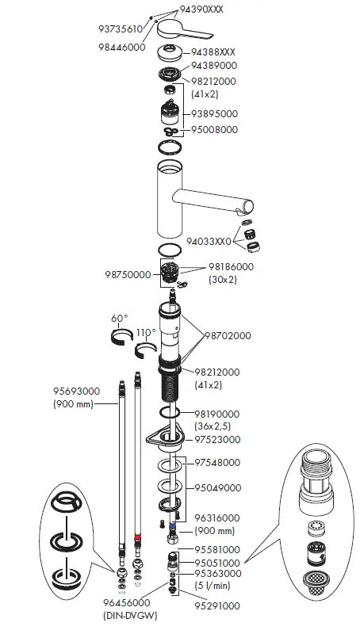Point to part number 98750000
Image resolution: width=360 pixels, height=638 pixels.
[128, 275]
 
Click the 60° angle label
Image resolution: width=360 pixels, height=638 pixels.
[119, 319]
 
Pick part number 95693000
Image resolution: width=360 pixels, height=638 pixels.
[76, 392]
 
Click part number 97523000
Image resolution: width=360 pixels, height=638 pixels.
[218, 439]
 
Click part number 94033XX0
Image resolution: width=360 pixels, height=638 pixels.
[209, 241]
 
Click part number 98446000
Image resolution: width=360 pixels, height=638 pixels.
[120, 48]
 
